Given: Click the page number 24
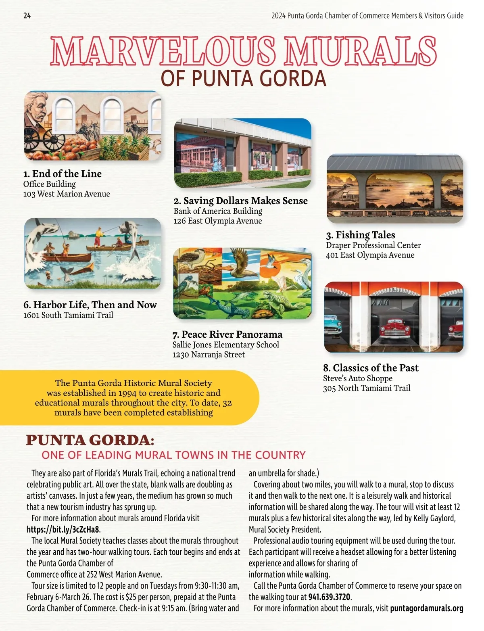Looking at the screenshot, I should pos(27,16).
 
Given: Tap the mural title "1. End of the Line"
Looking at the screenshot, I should pos(62,174).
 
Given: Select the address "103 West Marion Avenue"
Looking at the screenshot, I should pos(67,194).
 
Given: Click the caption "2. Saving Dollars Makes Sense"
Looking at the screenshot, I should pos(240,201).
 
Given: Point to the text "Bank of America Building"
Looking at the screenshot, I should pos(218,211).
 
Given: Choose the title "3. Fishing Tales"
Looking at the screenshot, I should pos(361,235).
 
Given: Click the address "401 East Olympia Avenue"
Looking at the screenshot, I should pos(370,255).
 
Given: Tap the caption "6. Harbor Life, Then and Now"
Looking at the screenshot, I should pos(90,305).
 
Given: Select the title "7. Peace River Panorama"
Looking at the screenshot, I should pos(227,334).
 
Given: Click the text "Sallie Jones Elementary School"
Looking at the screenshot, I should pos(225,345).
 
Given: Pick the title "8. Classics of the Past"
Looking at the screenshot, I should pos(371,368).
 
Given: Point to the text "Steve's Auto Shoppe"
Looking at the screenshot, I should pos(357,378).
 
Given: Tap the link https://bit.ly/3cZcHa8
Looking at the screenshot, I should pos(63,529).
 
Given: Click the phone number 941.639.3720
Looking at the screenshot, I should pos(330,597).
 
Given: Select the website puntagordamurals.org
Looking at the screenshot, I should pos(427,608).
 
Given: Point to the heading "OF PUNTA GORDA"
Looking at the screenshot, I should pos(243,78).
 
